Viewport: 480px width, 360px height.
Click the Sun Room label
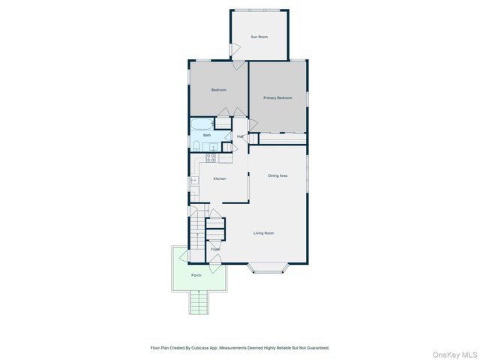tap(259, 37)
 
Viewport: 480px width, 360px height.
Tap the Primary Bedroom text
tap(277, 98)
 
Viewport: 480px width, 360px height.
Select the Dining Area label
tap(278, 175)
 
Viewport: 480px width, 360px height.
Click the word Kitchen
tap(220, 178)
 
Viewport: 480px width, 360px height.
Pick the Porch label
tap(196, 275)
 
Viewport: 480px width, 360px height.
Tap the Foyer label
tap(215, 249)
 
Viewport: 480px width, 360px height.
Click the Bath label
tap(206, 135)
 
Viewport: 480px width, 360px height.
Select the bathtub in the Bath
tap(202, 123)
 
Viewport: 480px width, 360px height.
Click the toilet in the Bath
tap(196, 146)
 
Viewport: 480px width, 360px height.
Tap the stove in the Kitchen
tap(211, 157)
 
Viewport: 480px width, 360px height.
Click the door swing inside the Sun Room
tap(235, 49)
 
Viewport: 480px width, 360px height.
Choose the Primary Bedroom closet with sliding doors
tap(282, 139)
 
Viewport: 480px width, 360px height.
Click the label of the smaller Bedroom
tap(218, 90)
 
